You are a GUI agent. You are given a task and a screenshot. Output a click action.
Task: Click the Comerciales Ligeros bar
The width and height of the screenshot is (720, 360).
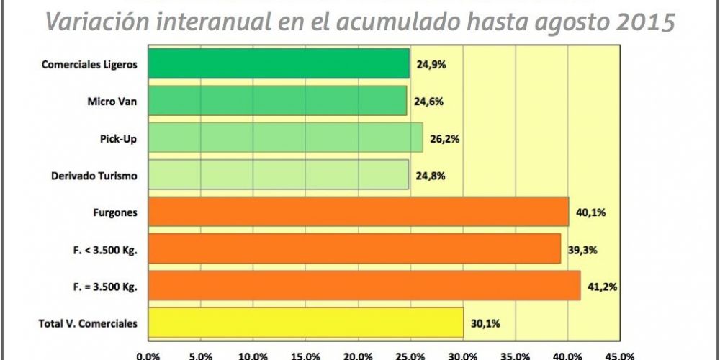coord(279,63)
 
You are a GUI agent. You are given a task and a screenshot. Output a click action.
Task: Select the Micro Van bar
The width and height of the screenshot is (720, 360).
coord(277,101)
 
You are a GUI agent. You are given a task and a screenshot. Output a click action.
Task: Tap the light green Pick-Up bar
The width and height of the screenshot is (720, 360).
coord(285,138)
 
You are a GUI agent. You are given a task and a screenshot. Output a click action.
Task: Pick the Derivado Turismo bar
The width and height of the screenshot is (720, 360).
coord(278,175)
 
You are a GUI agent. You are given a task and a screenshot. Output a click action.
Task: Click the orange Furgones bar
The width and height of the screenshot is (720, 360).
coord(358,212)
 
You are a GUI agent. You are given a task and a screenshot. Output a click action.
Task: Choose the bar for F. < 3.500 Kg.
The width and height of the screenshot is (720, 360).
coord(354,248)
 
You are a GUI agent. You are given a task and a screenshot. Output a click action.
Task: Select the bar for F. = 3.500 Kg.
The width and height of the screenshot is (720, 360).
coord(364,286)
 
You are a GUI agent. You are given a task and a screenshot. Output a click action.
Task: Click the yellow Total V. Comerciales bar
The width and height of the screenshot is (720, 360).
coord(305,323)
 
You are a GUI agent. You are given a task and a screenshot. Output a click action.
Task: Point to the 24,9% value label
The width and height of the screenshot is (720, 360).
coord(431,64)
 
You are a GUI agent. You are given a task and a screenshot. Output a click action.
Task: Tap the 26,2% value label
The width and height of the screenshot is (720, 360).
coord(445,138)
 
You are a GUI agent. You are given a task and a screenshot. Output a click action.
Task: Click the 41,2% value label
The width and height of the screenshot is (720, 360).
coord(602,287)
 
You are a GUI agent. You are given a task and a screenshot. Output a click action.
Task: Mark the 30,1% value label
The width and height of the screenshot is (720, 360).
coord(485,323)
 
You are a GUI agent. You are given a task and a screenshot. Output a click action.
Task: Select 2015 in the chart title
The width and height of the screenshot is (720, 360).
coord(648,22)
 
